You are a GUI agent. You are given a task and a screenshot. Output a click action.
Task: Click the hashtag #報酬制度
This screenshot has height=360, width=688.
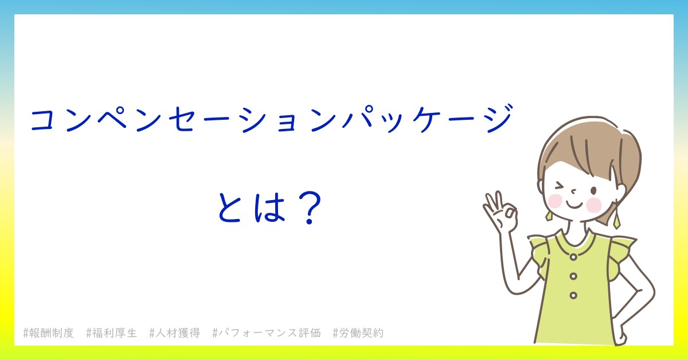tap(49, 333)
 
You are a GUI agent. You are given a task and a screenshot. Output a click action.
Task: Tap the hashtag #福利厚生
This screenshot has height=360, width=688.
tap(111, 333)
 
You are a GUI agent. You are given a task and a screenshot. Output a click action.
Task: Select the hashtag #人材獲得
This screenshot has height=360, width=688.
tap(174, 333)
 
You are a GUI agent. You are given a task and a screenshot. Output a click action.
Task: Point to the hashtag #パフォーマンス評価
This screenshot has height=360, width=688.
tap(267, 333)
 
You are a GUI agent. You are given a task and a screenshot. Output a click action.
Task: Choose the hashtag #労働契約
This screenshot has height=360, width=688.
tap(358, 333)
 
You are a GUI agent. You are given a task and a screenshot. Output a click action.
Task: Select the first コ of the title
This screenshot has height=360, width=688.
tap(45, 119)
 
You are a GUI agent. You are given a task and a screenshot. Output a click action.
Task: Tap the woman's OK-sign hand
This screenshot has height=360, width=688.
tap(500, 212)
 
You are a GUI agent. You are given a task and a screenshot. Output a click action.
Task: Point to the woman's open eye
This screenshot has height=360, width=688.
tap(593, 191)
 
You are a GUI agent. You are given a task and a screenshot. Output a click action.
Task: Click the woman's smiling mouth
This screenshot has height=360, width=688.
tap(574, 204)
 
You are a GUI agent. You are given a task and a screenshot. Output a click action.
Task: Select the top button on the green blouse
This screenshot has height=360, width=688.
tap(573, 257)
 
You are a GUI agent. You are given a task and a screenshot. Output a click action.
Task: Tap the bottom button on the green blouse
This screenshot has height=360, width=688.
tap(573, 295)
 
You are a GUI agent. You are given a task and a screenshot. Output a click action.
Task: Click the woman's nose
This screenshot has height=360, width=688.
tap(573, 191)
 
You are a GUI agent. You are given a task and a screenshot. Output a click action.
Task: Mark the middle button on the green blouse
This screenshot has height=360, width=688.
tap(573, 276)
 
